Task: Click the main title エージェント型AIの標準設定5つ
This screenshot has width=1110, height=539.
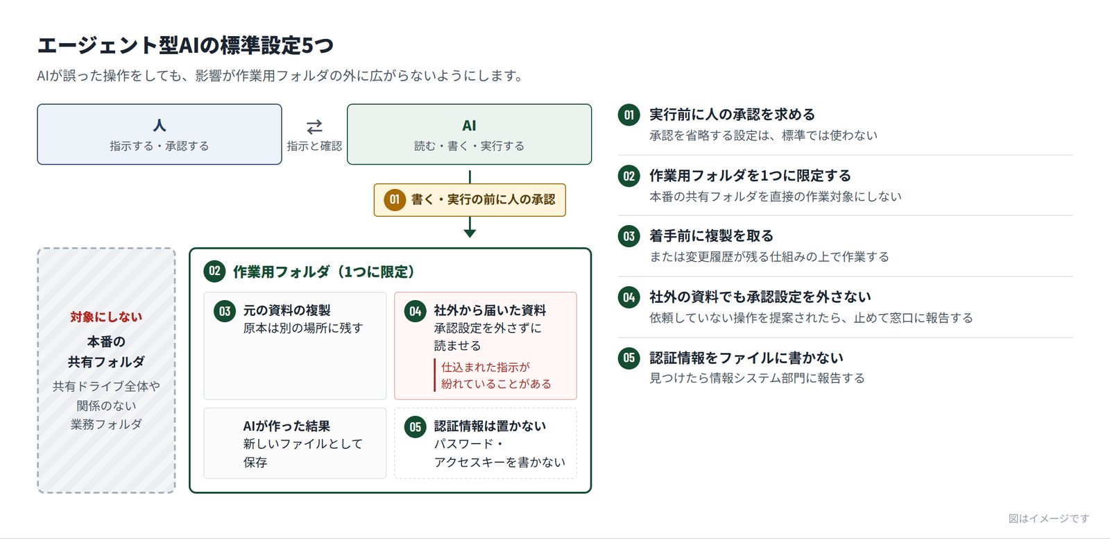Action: (185, 45)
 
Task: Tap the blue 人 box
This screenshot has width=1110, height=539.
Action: (160, 134)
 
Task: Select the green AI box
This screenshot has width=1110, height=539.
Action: (469, 134)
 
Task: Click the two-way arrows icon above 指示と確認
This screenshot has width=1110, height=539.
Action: (314, 127)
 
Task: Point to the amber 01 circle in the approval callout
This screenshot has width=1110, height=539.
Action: (395, 199)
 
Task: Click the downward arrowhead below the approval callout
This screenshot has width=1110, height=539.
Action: (470, 233)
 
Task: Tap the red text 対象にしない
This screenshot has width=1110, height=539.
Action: (106, 317)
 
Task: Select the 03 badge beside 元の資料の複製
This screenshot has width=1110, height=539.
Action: (225, 311)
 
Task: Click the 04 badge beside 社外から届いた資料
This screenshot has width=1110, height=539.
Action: (416, 311)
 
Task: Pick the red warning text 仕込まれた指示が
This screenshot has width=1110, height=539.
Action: (486, 367)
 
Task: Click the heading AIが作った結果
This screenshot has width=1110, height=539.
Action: (287, 426)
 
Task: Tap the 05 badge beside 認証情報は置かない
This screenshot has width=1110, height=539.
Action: (416, 427)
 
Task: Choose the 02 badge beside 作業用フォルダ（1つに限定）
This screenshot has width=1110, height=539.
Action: (214, 271)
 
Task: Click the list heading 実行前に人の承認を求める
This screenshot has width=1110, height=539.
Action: (732, 115)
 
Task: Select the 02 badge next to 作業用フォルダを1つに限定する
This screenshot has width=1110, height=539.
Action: (629, 176)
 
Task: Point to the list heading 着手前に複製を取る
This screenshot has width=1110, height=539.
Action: (711, 235)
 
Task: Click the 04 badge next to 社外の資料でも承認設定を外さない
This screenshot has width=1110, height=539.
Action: (629, 297)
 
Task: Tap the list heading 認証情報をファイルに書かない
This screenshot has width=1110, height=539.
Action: (746, 358)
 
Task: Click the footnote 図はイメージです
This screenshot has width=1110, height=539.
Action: (1049, 519)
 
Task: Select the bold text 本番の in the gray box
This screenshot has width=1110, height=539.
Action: (106, 342)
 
